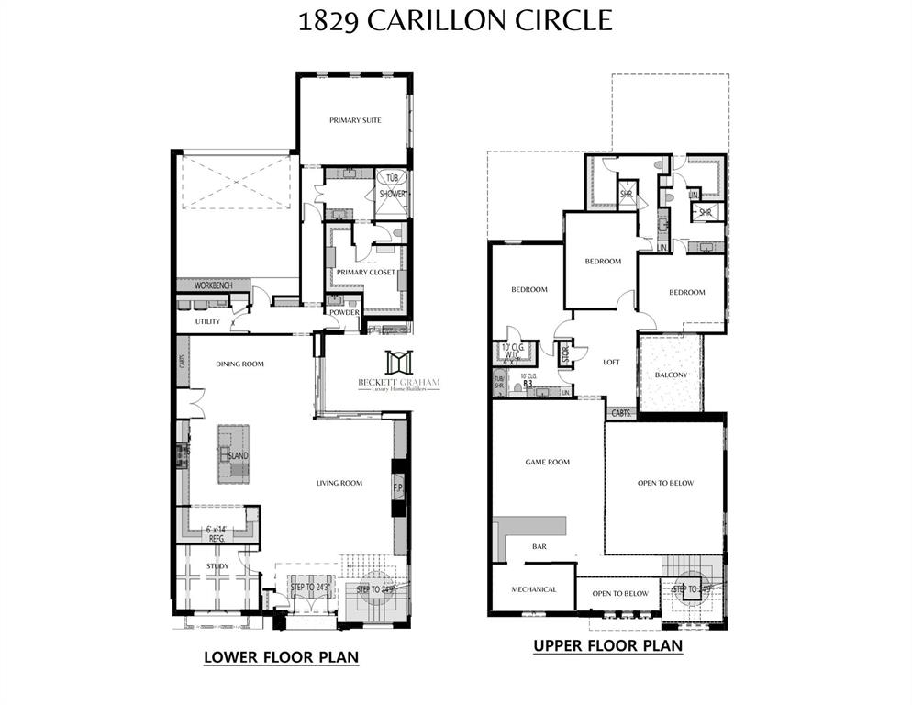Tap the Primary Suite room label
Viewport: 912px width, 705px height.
coord(355,120)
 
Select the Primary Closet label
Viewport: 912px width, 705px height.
coord(365,273)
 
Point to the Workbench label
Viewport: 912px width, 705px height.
coord(213,286)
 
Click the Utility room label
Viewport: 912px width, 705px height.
coord(207,322)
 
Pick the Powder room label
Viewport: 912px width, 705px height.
coord(344,313)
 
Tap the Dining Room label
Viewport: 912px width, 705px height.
coord(239,364)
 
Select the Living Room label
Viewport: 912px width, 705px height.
coord(339,483)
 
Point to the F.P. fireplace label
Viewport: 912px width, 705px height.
coord(399,487)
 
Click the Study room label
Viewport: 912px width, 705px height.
coord(217,566)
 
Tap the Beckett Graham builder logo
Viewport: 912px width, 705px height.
coord(398,373)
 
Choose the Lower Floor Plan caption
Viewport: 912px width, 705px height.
coord(280,657)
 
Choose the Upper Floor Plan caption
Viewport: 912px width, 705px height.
coord(607,646)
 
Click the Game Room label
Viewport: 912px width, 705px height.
coord(547,463)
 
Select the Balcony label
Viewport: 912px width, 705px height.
coord(671,375)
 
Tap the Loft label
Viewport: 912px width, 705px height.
coord(611,362)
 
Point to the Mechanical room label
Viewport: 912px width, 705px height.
coord(534,589)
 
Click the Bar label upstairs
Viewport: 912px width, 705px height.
coord(539,547)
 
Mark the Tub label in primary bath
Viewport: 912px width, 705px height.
coord(392,178)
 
